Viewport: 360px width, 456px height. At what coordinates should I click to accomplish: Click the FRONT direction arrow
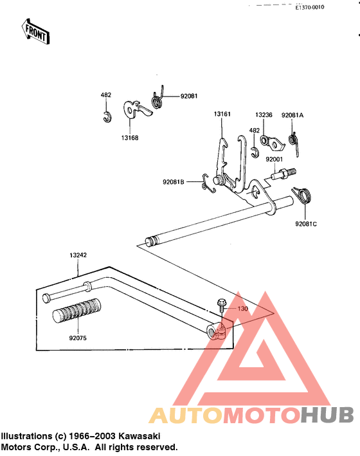point(35,32)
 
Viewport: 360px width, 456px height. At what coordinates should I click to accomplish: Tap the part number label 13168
point(130,138)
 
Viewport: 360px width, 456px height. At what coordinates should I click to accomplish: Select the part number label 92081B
point(174,182)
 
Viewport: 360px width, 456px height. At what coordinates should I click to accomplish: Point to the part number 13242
point(78,255)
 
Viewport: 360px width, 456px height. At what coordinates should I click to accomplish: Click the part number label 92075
point(78,338)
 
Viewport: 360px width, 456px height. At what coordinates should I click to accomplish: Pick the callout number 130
point(242,309)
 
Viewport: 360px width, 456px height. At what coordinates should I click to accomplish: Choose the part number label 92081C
point(306,224)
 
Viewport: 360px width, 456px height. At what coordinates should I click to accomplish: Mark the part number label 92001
point(274,160)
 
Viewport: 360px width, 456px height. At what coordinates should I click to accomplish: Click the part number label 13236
point(264,115)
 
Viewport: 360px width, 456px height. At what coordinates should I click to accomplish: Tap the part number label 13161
point(222,114)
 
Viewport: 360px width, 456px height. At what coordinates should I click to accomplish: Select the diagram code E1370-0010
point(310,7)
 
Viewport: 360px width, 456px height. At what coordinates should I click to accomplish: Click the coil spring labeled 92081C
point(302,195)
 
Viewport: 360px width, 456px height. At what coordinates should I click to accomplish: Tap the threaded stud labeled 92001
point(283,174)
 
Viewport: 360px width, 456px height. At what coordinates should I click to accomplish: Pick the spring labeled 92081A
point(294,143)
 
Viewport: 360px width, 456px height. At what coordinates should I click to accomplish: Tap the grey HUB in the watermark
point(327,415)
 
